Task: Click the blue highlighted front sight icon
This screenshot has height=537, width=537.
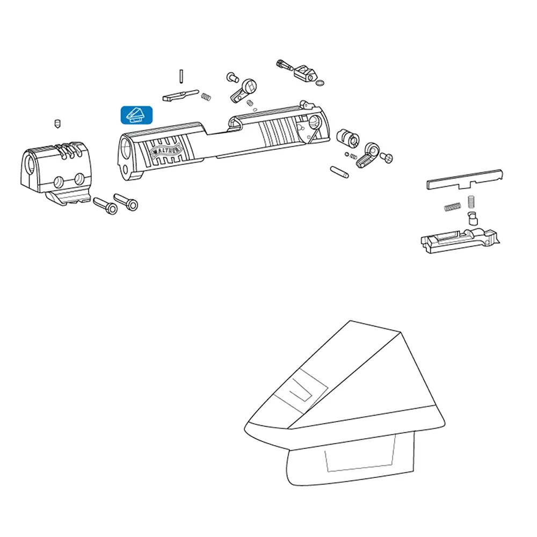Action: tap(136, 115)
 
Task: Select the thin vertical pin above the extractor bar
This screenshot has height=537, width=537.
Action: tap(181, 76)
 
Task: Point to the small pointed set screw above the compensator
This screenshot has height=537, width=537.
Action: tap(57, 124)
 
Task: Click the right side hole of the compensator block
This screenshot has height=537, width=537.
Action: tap(79, 178)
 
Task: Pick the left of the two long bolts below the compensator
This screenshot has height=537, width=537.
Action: tap(105, 206)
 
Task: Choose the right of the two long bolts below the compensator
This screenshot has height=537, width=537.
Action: tap(126, 202)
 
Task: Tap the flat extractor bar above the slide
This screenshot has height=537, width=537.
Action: tap(180, 95)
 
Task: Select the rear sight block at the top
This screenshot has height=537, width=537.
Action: tap(306, 73)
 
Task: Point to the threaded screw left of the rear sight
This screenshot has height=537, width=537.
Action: tap(284, 65)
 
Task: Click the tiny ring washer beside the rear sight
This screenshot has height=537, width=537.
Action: tap(320, 83)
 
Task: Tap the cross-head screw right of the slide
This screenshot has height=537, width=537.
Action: tap(387, 157)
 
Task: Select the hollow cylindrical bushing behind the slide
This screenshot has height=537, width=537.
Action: tap(348, 138)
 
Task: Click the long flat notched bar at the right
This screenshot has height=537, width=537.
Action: tap(465, 179)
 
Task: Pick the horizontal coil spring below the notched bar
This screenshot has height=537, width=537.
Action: tap(452, 207)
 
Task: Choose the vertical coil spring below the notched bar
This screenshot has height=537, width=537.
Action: tap(471, 202)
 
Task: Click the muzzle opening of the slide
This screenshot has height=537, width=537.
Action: tap(125, 149)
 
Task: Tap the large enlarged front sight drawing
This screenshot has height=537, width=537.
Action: tap(345, 403)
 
